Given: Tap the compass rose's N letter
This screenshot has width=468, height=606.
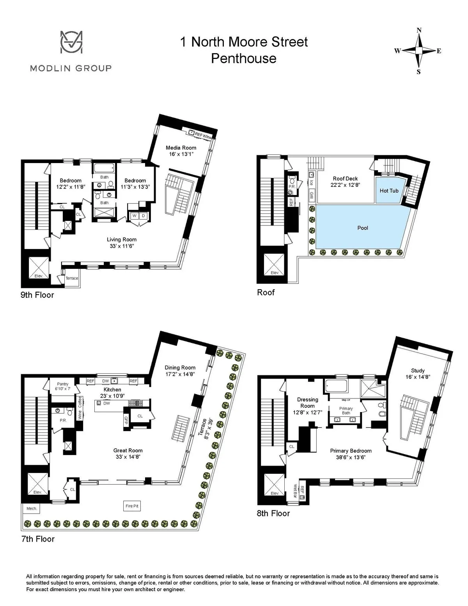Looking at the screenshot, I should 419,30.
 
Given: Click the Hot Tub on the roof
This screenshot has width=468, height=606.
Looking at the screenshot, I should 389,190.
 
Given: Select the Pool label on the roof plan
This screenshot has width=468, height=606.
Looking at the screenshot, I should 363,228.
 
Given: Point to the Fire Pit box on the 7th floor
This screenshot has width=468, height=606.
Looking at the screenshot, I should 132,506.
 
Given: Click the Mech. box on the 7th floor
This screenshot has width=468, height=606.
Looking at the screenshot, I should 32,508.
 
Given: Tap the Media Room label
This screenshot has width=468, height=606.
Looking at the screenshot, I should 181,148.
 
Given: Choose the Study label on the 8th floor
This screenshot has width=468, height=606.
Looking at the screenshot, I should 418,370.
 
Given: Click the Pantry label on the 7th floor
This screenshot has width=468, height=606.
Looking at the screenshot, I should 62,384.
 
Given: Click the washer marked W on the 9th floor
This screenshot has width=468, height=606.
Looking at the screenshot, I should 134,216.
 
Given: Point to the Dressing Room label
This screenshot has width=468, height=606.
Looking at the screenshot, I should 307,402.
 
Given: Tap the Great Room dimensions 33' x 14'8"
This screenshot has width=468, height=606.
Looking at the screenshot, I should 128,457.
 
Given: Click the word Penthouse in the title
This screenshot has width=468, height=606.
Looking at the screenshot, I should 243,58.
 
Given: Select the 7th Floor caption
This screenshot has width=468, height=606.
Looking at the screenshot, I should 37,539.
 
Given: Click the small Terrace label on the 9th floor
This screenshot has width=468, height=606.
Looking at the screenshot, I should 72,278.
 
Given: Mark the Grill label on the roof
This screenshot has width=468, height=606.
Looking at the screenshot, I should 311,195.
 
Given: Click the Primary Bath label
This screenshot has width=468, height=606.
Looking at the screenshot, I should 346,411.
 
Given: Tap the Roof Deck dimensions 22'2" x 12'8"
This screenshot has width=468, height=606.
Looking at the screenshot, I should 345,185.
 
